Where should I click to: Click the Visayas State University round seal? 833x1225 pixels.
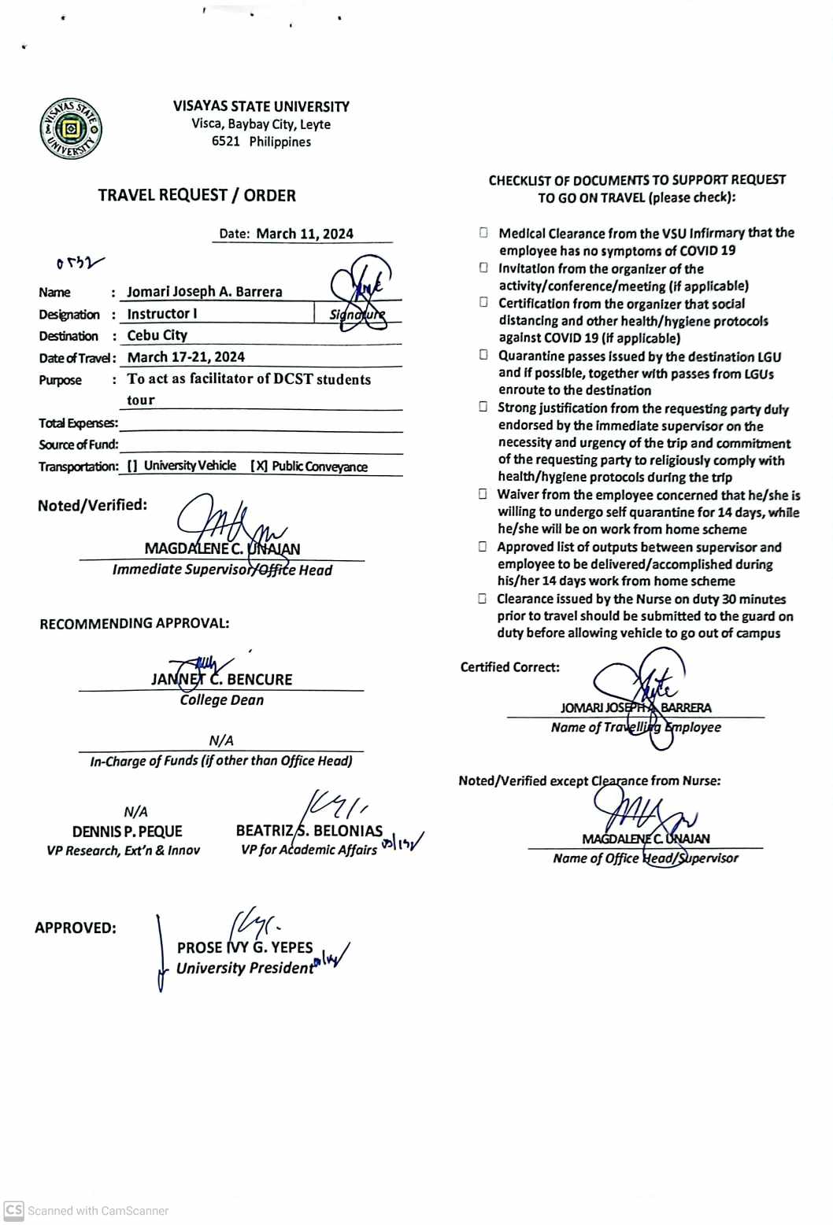pyautogui.click(x=71, y=129)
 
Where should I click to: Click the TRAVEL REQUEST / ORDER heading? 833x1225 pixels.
pyautogui.click(x=197, y=195)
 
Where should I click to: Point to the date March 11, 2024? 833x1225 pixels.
pyautogui.click(x=305, y=234)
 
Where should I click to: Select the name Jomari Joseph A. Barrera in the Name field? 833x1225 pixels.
pyautogui.click(x=204, y=292)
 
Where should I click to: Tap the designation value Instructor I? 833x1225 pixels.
pyautogui.click(x=162, y=314)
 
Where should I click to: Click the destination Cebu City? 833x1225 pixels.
pyautogui.click(x=157, y=335)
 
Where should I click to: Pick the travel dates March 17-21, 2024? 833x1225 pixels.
pyautogui.click(x=186, y=357)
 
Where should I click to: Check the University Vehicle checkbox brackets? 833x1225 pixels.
pyautogui.click(x=132, y=466)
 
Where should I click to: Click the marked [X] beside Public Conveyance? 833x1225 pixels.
pyautogui.click(x=259, y=466)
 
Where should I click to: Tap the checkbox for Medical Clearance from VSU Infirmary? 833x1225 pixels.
pyautogui.click(x=483, y=233)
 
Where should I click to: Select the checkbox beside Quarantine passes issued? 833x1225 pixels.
pyautogui.click(x=483, y=355)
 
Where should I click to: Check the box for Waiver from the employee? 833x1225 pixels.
pyautogui.click(x=483, y=494)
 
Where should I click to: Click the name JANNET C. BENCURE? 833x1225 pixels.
pyautogui.click(x=221, y=680)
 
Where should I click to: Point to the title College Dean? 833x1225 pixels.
pyautogui.click(x=221, y=700)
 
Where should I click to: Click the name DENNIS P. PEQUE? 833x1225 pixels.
pyautogui.click(x=127, y=832)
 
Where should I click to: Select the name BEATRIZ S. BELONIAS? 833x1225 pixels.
pyautogui.click(x=309, y=831)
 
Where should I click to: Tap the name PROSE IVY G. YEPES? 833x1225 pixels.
pyautogui.click(x=245, y=948)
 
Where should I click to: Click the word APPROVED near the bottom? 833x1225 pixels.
pyautogui.click(x=75, y=928)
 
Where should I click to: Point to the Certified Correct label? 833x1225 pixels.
pyautogui.click(x=509, y=667)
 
